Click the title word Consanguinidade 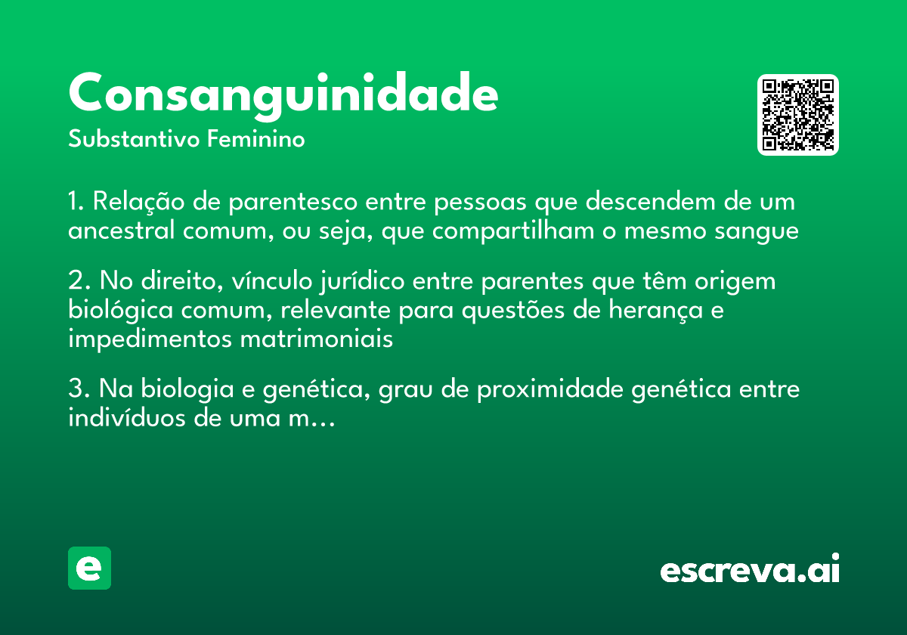click(x=283, y=94)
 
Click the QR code click(x=798, y=115)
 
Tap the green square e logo click(x=89, y=568)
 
